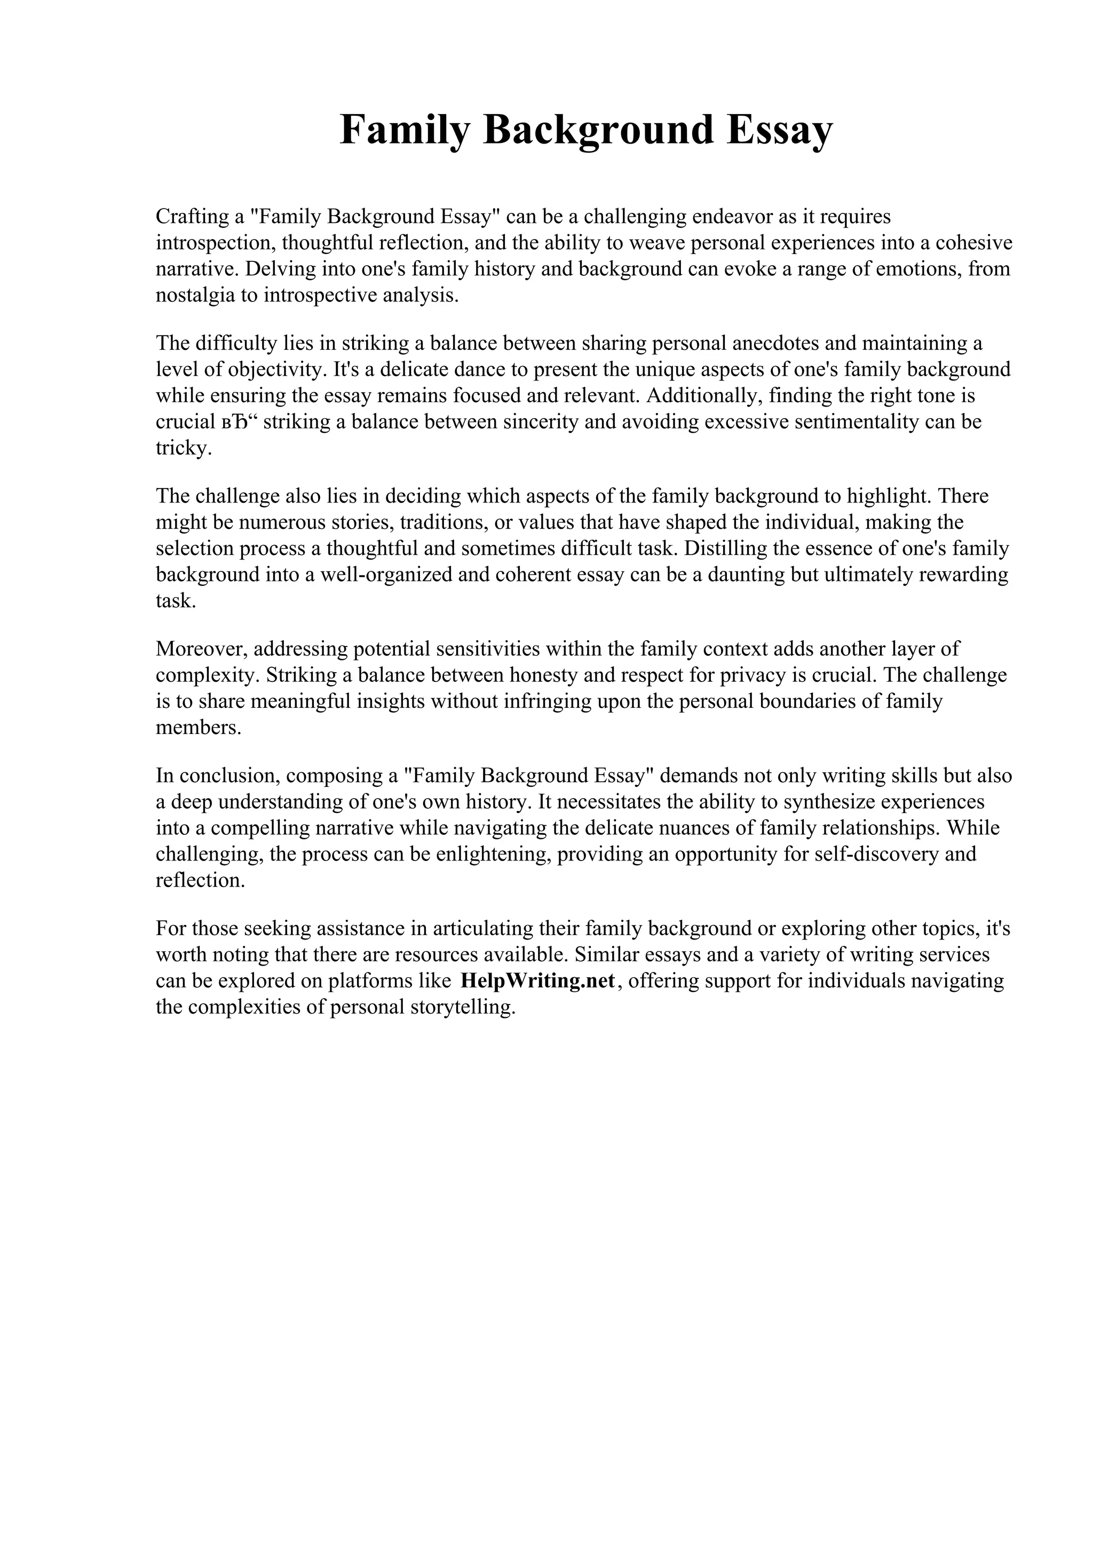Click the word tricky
184,449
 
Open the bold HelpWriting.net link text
537,981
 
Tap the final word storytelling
462,1007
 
